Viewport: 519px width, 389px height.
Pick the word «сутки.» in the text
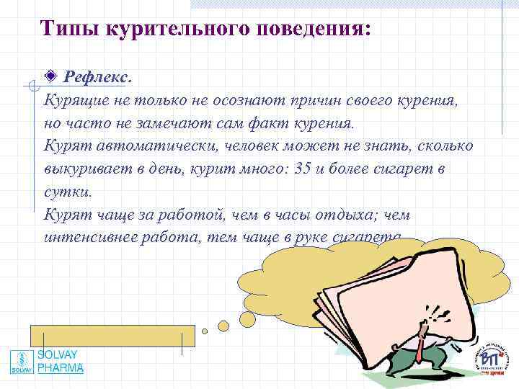(x=68, y=192)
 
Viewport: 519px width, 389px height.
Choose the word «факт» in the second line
(x=266, y=122)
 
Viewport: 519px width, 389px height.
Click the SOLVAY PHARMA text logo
(x=61, y=362)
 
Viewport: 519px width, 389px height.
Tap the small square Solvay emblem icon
(x=22, y=362)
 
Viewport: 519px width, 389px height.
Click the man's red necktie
(x=417, y=353)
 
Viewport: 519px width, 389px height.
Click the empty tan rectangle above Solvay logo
(x=112, y=336)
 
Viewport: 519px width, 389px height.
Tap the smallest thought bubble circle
(x=205, y=331)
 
